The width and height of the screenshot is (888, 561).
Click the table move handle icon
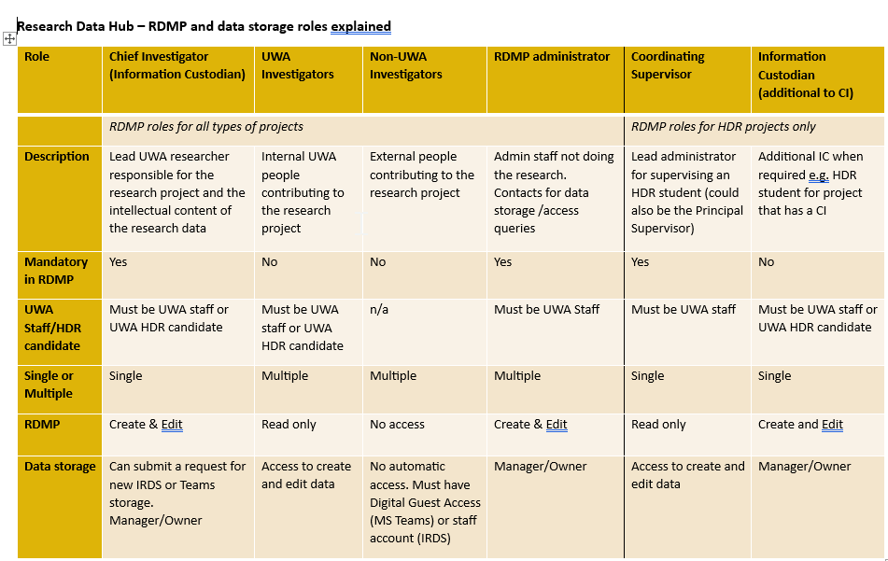tap(10, 38)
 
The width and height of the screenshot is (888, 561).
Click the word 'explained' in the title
tap(360, 26)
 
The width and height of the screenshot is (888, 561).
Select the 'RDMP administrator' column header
tap(551, 57)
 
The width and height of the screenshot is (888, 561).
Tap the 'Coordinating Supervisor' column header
tap(668, 65)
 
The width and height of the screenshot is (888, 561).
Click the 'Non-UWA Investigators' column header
tap(406, 65)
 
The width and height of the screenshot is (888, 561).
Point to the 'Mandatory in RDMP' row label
tap(56, 271)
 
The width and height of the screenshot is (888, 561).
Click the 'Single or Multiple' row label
tap(49, 385)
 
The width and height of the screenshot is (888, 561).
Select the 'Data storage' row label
tap(60, 467)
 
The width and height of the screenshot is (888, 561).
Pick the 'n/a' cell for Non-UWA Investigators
tap(379, 310)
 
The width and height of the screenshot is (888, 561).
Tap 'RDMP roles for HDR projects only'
tap(723, 127)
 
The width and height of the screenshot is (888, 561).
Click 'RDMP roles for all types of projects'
tap(206, 127)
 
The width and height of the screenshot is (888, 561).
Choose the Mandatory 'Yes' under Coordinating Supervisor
tap(641, 262)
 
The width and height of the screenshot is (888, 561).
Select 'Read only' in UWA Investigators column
tap(289, 425)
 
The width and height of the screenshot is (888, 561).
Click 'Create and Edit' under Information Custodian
tap(800, 425)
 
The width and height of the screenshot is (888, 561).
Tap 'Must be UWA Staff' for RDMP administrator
tap(547, 310)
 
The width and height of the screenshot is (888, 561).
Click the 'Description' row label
tap(57, 157)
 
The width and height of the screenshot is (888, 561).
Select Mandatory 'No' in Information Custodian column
tap(767, 262)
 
